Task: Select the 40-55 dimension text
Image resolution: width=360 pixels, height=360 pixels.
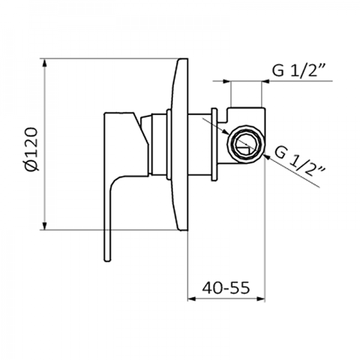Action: tap(226, 287)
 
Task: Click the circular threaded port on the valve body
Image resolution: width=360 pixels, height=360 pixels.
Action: tap(245, 143)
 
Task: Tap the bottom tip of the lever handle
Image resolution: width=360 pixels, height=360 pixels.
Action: tap(107, 258)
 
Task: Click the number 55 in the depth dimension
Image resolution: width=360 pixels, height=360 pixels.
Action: tap(239, 287)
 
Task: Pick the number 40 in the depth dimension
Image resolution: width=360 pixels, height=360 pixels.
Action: tap(212, 287)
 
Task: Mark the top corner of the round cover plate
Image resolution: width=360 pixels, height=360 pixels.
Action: tap(182, 61)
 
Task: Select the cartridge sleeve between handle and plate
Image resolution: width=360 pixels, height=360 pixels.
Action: tap(158, 144)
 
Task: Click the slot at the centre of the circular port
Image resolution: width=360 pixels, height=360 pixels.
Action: tap(245, 143)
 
